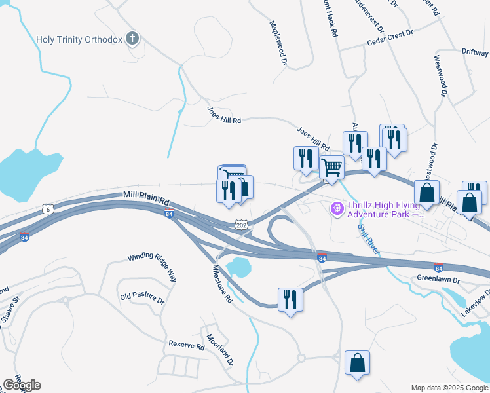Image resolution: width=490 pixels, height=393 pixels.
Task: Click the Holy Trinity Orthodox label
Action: [x=79, y=39]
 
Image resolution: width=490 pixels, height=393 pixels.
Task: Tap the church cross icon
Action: [x=133, y=39]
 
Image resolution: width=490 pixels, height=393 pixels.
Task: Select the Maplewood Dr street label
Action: [x=279, y=43]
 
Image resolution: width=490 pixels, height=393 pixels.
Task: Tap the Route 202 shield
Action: [x=241, y=225]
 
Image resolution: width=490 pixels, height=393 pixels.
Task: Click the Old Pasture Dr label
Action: [x=142, y=297]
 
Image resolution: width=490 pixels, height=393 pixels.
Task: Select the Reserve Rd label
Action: [x=187, y=345]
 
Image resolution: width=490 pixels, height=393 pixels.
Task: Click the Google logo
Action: [x=22, y=384]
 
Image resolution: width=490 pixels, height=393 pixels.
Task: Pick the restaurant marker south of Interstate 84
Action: [x=290, y=300]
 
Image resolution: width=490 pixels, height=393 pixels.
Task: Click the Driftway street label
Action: [x=474, y=50]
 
